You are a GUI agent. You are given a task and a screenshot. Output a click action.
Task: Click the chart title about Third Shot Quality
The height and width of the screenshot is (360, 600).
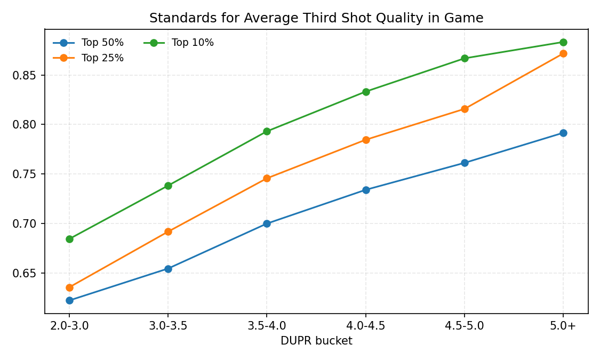(316, 18)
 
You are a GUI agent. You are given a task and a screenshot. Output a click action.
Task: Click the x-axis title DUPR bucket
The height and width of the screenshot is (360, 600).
(316, 341)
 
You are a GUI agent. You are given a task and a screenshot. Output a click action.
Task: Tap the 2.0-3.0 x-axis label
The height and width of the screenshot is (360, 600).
(69, 326)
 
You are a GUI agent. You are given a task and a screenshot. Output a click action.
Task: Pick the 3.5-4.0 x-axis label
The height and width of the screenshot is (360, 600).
(267, 326)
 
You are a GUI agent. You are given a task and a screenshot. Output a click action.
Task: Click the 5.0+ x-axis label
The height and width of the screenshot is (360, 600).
(563, 326)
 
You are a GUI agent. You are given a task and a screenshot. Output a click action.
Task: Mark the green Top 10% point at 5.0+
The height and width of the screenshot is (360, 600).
(563, 42)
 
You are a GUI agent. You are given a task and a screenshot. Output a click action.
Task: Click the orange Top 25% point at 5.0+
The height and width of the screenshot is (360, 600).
(563, 53)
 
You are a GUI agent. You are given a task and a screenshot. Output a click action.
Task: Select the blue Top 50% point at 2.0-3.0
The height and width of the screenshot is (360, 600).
(69, 300)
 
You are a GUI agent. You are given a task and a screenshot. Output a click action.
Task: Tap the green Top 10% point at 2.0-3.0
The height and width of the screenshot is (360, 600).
(69, 239)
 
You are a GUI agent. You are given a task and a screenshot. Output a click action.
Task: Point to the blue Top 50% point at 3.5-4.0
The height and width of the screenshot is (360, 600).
(267, 223)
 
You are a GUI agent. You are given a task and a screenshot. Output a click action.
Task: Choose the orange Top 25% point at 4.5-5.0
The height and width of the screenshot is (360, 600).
(465, 109)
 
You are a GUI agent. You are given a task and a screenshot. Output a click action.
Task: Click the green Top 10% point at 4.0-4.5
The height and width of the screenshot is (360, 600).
(366, 92)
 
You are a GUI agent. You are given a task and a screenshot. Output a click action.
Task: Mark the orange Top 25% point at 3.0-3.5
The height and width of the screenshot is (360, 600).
(168, 231)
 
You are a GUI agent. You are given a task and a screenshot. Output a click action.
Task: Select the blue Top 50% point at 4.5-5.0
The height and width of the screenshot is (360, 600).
(465, 163)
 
